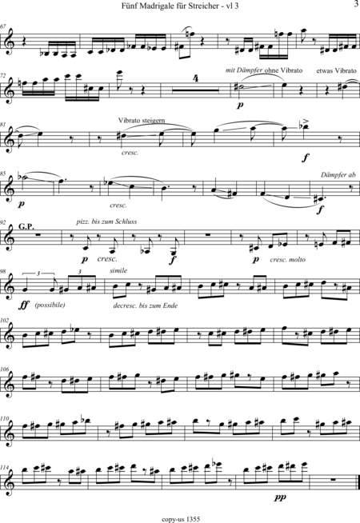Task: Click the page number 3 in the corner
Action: pyautogui.click(x=356, y=4)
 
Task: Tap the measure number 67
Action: pyautogui.click(x=3, y=26)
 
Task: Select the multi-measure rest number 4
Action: pyautogui.click(x=196, y=80)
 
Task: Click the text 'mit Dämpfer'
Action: pyautogui.click(x=244, y=70)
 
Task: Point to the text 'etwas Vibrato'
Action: pyautogui.click(x=336, y=70)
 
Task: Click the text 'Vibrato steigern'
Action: pyautogui.click(x=142, y=121)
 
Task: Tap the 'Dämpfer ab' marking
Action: pyautogui.click(x=338, y=175)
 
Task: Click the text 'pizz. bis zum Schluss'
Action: pyautogui.click(x=106, y=222)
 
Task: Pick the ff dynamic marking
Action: pyautogui.click(x=24, y=305)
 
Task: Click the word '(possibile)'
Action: pyautogui.click(x=50, y=305)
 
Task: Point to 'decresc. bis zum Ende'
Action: pyautogui.click(x=145, y=305)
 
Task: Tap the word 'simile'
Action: pyautogui.click(x=118, y=271)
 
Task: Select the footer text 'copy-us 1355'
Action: pyautogui.click(x=181, y=519)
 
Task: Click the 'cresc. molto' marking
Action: pyautogui.click(x=287, y=259)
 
